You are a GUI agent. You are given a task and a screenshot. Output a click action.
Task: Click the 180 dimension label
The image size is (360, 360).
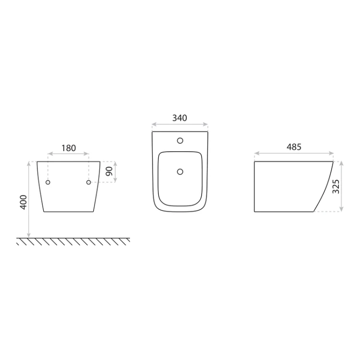click(x=69, y=148)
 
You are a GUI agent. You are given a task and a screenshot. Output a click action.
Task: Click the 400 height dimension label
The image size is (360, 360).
click(x=24, y=202)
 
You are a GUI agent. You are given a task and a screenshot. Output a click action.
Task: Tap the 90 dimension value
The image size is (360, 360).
click(x=109, y=171)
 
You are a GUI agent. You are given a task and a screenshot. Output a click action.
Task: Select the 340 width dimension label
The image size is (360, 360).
click(x=180, y=118)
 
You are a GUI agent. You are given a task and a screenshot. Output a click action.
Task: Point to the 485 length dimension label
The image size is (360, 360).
click(x=294, y=147)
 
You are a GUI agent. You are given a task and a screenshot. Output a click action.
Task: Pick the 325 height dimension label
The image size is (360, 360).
click(x=336, y=186)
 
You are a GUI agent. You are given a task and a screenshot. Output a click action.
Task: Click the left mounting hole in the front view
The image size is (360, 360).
click(x=48, y=182)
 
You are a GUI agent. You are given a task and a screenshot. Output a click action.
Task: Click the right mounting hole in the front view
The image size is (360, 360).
click(x=89, y=182)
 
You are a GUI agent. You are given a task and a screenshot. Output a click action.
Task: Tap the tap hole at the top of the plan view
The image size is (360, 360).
click(x=180, y=141)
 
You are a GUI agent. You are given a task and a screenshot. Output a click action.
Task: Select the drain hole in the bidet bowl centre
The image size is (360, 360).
click(x=180, y=171)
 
